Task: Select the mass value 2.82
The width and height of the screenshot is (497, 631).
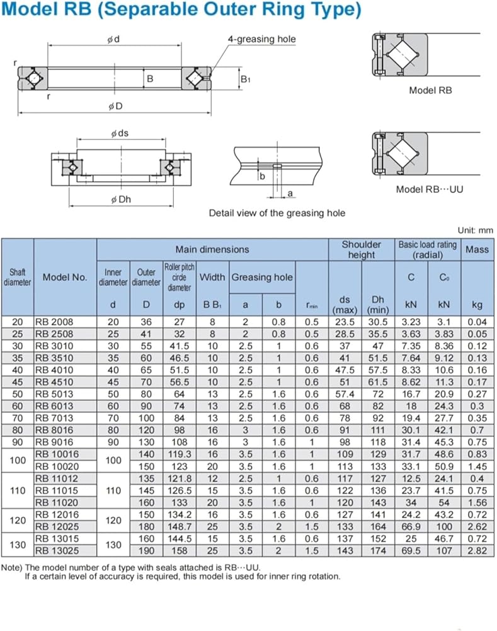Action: point(477,550)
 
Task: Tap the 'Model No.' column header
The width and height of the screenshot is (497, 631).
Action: point(65,277)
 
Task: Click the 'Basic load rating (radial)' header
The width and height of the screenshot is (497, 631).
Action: point(428,250)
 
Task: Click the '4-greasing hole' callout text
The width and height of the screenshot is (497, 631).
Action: point(261,39)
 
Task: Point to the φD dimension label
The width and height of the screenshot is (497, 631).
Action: point(115,106)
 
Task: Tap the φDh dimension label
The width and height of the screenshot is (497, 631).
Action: point(121,199)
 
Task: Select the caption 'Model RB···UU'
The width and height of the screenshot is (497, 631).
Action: point(429,189)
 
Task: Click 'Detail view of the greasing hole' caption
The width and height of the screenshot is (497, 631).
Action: point(277,213)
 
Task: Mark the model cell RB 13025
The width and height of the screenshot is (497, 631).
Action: point(57,550)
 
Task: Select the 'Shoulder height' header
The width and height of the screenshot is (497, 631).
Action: point(362,250)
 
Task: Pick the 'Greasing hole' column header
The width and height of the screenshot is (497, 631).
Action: point(262,277)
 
